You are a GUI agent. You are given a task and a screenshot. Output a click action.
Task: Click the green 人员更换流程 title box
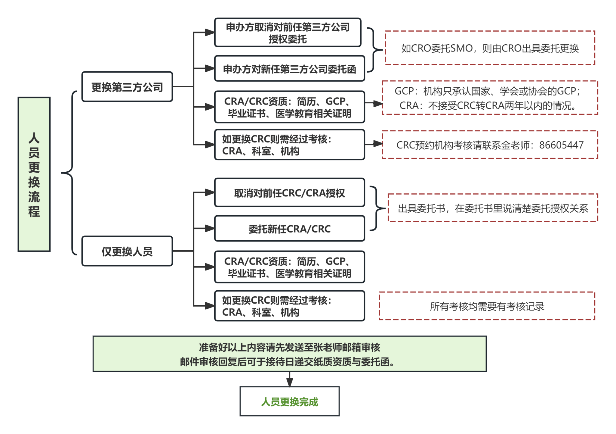(34, 174)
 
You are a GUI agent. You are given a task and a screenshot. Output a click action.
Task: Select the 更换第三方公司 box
(127, 87)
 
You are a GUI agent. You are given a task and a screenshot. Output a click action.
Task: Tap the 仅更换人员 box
(127, 251)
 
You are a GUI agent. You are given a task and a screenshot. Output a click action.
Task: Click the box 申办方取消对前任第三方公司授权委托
(288, 33)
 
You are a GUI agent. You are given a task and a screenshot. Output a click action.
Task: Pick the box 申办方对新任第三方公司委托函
(289, 69)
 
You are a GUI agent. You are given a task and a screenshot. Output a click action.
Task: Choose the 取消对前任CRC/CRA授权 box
(289, 193)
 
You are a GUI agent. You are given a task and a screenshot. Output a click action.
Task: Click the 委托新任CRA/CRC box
(289, 229)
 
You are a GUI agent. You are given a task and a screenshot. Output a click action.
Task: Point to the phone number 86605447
(561, 145)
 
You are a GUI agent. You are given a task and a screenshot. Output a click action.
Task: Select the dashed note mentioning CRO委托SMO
(490, 48)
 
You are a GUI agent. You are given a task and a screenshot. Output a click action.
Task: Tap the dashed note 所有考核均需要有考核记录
(487, 306)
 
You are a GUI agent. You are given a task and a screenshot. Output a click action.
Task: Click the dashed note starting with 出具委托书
(493, 208)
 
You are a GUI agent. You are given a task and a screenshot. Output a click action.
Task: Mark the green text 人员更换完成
(289, 402)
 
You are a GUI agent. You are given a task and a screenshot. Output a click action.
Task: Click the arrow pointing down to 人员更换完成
(290, 380)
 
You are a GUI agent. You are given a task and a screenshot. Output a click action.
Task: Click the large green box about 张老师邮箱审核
(289, 354)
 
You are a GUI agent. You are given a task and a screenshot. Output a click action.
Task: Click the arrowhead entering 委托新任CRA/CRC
(209, 228)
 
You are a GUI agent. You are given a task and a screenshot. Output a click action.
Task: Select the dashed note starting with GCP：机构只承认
(490, 98)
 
